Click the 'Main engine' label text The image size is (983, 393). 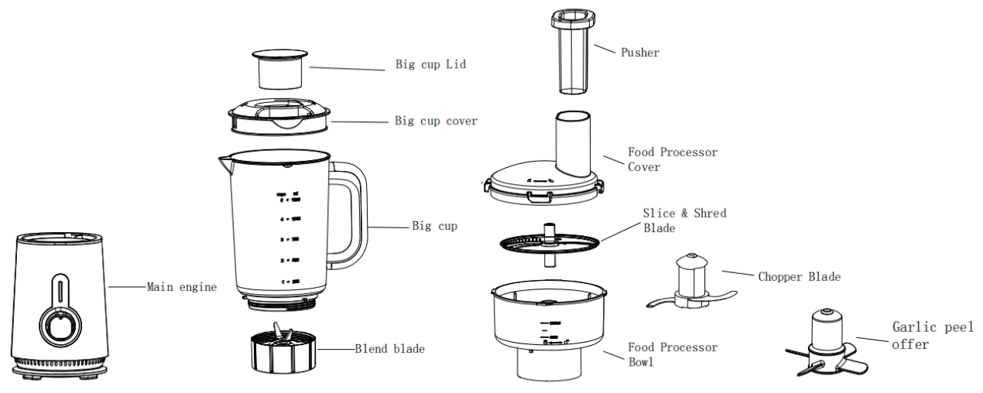[182, 287]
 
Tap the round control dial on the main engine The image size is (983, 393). [59, 325]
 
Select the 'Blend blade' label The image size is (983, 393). [389, 349]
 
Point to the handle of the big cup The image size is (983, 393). [352, 212]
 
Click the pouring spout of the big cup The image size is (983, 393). [224, 162]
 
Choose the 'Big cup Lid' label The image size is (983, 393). [430, 65]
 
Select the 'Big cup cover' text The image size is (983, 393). [436, 121]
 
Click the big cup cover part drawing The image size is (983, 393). [279, 116]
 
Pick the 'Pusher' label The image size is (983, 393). [640, 53]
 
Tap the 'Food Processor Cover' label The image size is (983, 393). [672, 159]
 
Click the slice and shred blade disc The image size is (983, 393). [550, 242]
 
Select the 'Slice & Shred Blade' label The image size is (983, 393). [684, 220]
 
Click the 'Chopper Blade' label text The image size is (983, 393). [799, 276]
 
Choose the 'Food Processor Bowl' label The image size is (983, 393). [672, 354]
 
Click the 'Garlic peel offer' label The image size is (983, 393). [932, 336]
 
